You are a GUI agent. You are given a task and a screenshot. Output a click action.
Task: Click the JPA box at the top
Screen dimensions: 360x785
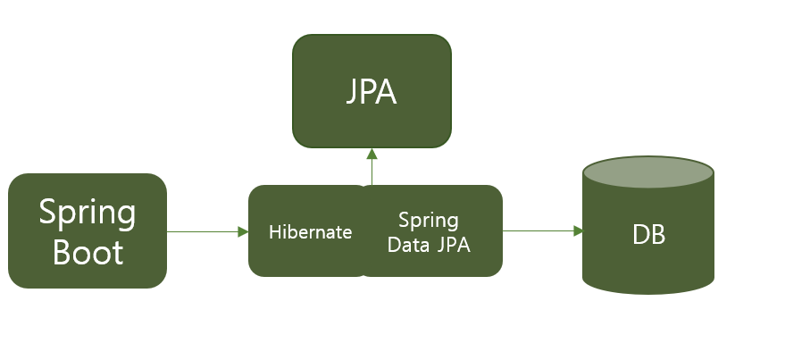372,91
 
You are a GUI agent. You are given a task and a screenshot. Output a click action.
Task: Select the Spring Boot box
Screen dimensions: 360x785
88,230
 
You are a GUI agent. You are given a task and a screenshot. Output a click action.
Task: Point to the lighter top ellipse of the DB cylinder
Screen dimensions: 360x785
648,172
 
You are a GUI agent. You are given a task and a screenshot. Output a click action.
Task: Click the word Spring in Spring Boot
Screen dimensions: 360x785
88,213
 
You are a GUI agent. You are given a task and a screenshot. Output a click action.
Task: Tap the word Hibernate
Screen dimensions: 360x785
310,232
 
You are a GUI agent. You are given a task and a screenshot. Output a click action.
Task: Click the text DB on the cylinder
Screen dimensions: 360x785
648,235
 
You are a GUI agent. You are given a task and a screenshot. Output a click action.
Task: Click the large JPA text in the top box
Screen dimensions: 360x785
372,93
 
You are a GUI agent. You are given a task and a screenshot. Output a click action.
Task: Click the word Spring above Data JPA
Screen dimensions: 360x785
429,221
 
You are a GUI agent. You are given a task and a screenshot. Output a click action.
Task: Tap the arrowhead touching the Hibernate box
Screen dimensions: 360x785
243,231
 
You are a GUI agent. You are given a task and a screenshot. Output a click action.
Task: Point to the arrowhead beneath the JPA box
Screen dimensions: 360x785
372,154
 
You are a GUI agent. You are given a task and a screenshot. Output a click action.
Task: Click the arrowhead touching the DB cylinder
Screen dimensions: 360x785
578,231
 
